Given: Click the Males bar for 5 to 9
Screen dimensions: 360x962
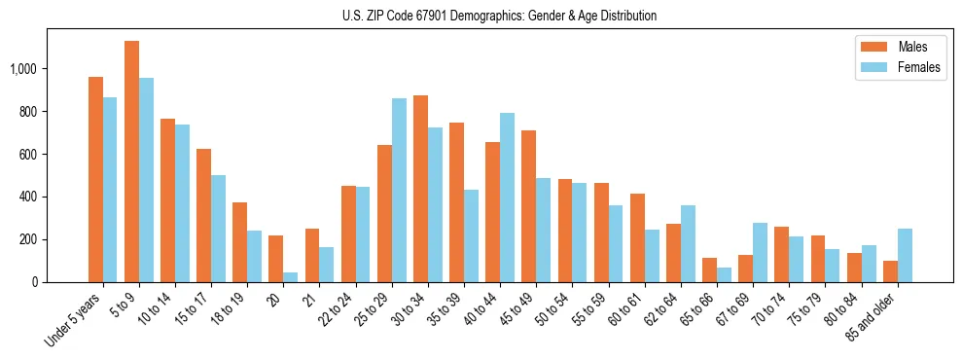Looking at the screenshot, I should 132,162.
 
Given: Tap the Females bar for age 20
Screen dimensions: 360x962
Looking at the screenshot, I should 291,277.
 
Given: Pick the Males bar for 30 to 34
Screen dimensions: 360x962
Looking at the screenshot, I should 420,189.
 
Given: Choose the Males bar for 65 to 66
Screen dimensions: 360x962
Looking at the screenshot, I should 709,270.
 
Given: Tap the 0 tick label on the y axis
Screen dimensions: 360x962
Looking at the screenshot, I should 35,282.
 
